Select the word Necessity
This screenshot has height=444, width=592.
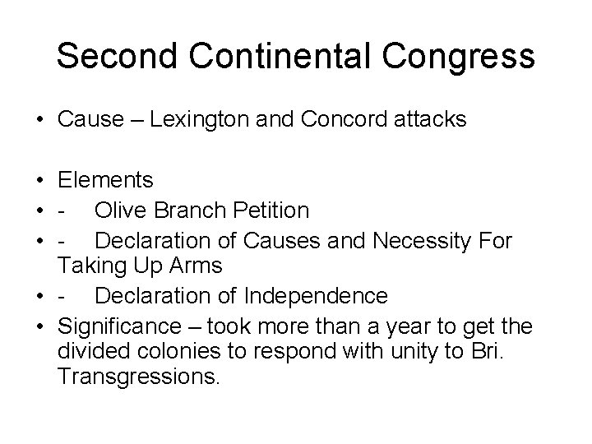point(419,240)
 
